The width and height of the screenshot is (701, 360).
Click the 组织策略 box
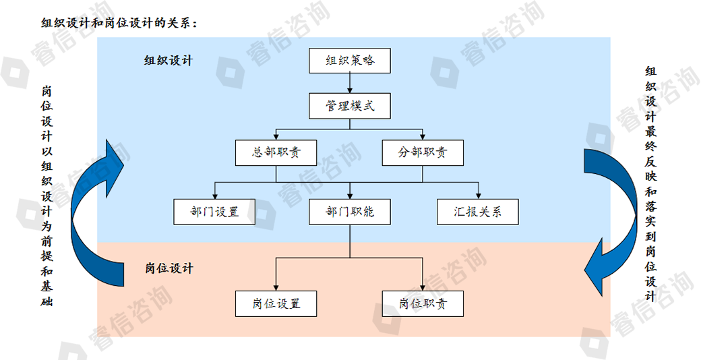[x=349, y=61]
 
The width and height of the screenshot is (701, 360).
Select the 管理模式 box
[x=349, y=107]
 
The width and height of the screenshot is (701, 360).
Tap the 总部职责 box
[x=276, y=152]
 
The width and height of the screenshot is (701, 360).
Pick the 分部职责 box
[x=423, y=152]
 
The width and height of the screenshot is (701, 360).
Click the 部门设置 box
[x=214, y=212]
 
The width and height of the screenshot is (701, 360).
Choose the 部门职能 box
[x=349, y=212]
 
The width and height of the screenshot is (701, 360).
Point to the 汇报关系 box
[x=478, y=212]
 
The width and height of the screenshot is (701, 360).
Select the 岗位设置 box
[x=276, y=303]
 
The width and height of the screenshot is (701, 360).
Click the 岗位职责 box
[x=423, y=303]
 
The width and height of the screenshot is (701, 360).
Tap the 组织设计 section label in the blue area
[x=169, y=61]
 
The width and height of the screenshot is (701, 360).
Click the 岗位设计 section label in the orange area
[x=169, y=268]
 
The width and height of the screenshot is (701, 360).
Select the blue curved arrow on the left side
[x=94, y=209]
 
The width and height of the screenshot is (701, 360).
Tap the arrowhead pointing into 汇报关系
[x=478, y=195]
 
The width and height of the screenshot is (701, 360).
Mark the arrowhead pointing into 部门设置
[x=214, y=195]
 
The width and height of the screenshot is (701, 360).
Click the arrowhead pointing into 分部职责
[x=423, y=136]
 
